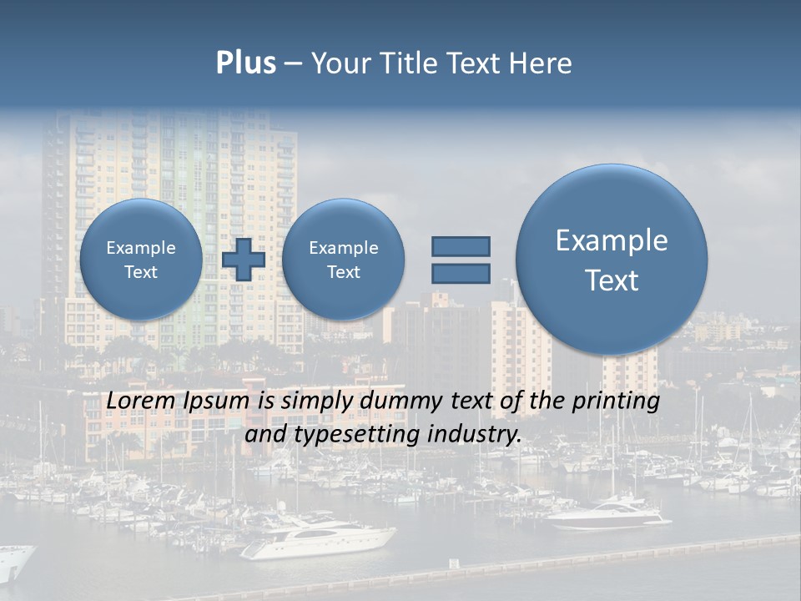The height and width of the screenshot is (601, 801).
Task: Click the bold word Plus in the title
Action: pyautogui.click(x=245, y=63)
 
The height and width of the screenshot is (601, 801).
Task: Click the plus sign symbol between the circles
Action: pyautogui.click(x=244, y=259)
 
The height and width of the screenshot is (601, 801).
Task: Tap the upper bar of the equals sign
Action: pyautogui.click(x=461, y=246)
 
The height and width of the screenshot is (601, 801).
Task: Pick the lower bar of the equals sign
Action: pyautogui.click(x=461, y=273)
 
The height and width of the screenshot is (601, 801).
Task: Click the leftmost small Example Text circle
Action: pyautogui.click(x=140, y=259)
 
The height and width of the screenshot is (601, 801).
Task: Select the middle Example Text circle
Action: pyautogui.click(x=343, y=259)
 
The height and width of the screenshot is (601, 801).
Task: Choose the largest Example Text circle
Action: pyautogui.click(x=612, y=259)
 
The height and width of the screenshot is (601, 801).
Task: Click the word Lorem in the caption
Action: pyautogui.click(x=140, y=402)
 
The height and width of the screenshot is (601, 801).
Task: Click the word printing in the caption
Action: pyautogui.click(x=615, y=402)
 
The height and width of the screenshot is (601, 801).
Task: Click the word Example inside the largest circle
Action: pyautogui.click(x=612, y=240)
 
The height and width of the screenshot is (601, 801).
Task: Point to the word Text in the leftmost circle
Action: pyautogui.click(x=140, y=272)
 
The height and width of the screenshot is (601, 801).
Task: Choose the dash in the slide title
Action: pyautogui.click(x=293, y=63)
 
